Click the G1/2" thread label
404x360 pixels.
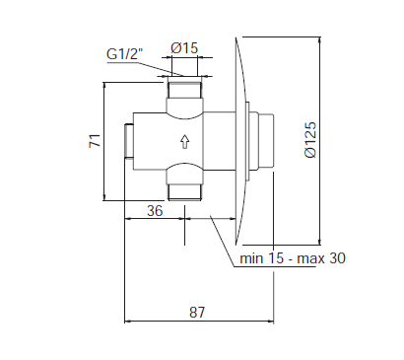click(125, 53)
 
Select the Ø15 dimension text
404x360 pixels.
click(184, 48)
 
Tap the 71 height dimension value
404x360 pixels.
click(95, 141)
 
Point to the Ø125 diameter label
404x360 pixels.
click(310, 140)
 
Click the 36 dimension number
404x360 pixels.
click(155, 210)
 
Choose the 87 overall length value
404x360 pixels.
click(197, 312)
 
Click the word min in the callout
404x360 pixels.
click(251, 258)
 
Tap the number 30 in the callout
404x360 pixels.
click(338, 258)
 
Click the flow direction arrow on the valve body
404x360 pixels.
click(185, 141)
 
